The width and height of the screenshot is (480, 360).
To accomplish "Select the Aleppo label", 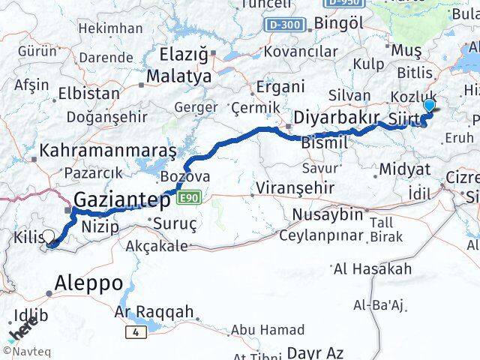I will pos(88,283).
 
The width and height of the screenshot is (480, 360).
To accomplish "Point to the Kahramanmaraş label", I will pos(108,151).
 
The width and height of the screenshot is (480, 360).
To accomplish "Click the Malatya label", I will pos(179,76).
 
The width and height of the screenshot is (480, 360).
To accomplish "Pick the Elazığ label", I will pos(184,54).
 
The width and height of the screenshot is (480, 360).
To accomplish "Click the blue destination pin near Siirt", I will pos(429,106).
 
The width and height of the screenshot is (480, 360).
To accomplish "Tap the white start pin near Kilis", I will pos(49,236).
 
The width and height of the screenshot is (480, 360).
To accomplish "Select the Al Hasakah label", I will pos(372,268).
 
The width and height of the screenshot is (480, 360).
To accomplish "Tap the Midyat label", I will pos(404,169).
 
